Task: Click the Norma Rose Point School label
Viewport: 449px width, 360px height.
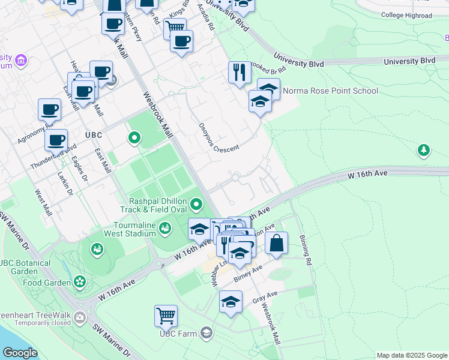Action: [330, 91]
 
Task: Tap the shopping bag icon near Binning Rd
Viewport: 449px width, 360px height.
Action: [276, 243]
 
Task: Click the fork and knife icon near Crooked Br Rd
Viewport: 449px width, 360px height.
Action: [240, 72]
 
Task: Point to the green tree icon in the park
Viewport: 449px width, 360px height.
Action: [424, 149]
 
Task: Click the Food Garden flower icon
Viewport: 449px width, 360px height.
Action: [80, 281]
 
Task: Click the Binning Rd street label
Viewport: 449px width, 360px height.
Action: [306, 250]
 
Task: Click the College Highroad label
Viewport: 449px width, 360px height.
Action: [406, 16]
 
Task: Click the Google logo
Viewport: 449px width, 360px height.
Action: [19, 352]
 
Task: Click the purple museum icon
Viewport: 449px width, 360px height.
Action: [22, 60]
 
